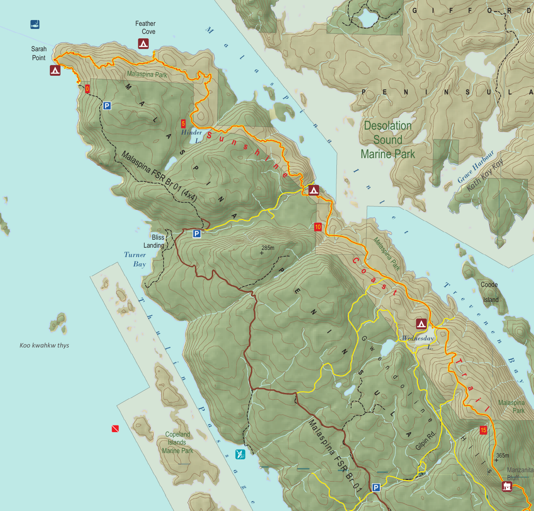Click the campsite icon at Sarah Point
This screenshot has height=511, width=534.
(55, 70)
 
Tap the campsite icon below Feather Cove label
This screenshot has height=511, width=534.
(143, 44)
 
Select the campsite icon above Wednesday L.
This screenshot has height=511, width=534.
(421, 323)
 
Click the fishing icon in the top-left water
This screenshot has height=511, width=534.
(35, 25)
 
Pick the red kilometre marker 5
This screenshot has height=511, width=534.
(183, 123)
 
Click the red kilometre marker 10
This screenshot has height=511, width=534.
(318, 227)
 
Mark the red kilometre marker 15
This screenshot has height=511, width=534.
(483, 430)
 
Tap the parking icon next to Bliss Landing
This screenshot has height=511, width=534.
(197, 233)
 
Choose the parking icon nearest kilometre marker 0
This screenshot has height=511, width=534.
(107, 106)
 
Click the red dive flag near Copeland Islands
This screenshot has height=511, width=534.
(115, 429)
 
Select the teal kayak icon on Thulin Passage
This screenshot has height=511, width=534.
(240, 454)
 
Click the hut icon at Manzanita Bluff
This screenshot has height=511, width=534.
(506, 486)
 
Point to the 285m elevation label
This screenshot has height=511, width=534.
(267, 248)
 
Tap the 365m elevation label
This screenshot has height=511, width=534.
(502, 455)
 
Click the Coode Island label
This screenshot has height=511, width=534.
(490, 292)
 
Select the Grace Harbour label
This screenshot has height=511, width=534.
(476, 167)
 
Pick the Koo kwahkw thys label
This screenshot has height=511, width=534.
(44, 345)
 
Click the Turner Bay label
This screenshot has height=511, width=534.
(135, 259)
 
